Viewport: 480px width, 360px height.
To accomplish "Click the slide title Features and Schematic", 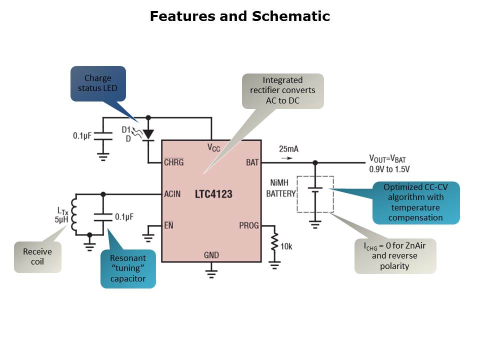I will (x=240, y=16).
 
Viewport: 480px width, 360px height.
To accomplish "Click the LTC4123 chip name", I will (x=213, y=194).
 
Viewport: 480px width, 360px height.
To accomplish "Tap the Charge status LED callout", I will (x=98, y=83).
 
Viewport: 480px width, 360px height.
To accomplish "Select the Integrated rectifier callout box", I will (x=282, y=91).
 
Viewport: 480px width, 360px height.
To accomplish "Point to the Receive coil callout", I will (x=37, y=257).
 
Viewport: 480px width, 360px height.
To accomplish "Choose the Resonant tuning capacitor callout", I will (x=128, y=268).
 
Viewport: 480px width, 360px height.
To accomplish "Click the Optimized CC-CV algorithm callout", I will (x=416, y=202).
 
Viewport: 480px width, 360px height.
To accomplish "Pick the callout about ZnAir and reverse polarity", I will (x=395, y=256).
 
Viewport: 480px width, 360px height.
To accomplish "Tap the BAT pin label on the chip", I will (x=252, y=162).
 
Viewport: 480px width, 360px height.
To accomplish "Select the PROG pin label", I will (x=249, y=225).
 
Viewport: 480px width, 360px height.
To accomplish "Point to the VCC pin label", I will (x=213, y=147).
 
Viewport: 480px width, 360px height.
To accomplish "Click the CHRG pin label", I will (x=174, y=162).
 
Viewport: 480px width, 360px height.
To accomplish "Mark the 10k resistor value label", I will (x=286, y=246).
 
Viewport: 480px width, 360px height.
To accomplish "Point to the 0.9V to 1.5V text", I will (x=389, y=169).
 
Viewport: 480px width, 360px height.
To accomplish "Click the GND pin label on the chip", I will (x=211, y=255).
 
